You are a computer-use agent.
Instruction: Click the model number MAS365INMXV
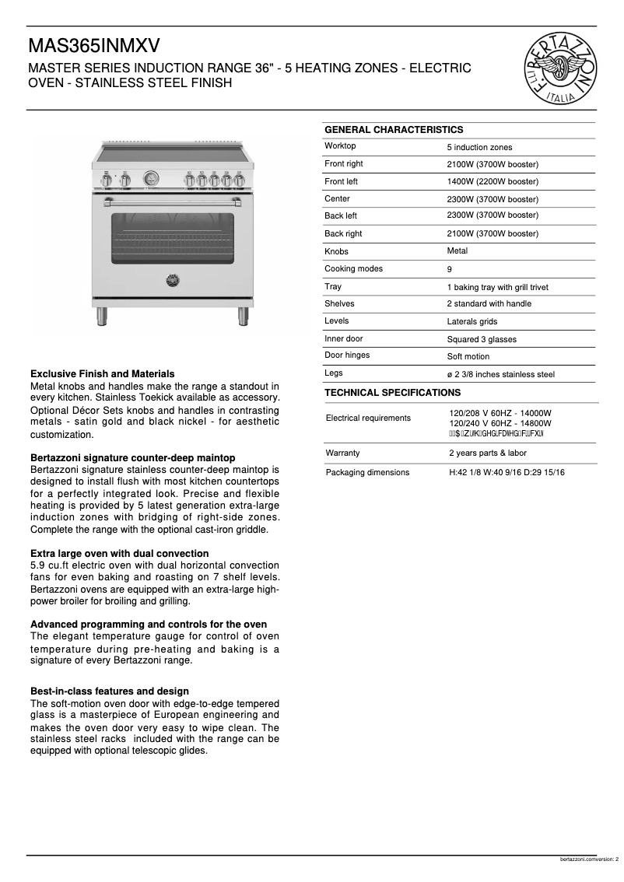point(96,46)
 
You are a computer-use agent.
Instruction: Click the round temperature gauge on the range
point(152,179)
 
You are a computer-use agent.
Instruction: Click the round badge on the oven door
point(172,279)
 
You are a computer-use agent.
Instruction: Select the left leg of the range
point(101,316)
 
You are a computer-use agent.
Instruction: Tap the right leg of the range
point(243,316)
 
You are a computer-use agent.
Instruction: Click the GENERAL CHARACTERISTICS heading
point(393,130)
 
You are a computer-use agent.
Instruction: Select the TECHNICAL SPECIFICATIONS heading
point(392,393)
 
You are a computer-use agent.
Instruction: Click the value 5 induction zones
point(479,147)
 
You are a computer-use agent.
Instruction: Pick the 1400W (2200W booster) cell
point(492,181)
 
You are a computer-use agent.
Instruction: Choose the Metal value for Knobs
point(457,251)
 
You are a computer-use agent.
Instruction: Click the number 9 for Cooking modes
point(450,270)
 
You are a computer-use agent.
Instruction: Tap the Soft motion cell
point(468,356)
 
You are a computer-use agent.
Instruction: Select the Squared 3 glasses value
point(481,339)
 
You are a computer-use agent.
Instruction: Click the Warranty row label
point(342,453)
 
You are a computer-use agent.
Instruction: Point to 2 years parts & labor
point(487,453)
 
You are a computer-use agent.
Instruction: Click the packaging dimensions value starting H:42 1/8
point(507,472)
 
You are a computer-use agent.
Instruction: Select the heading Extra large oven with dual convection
point(119,554)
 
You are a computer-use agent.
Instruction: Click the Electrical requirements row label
point(368,418)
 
